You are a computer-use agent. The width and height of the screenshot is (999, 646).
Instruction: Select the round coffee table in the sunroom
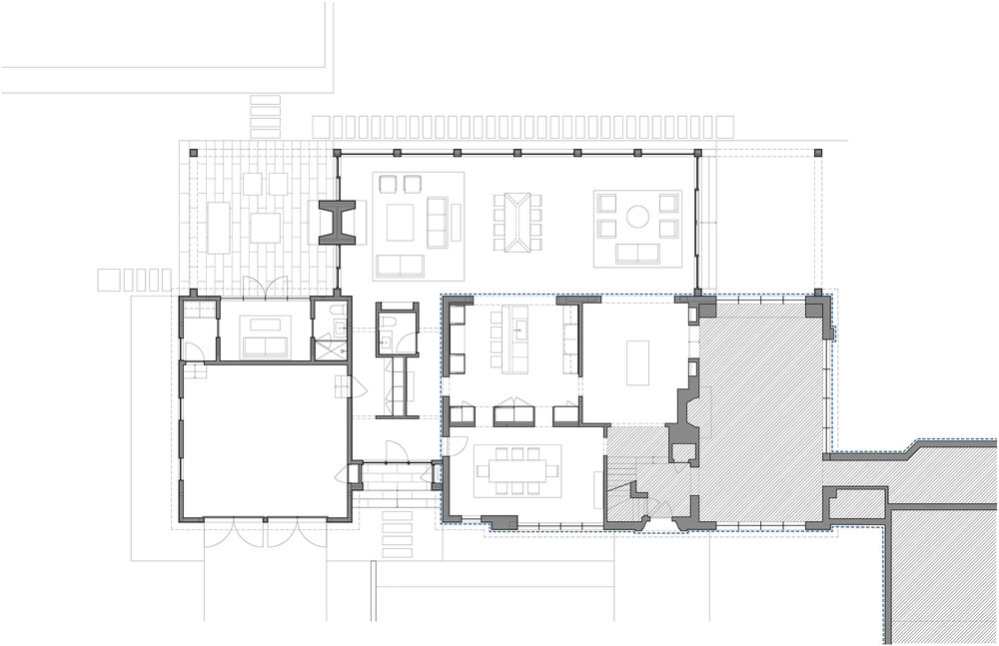(637, 217)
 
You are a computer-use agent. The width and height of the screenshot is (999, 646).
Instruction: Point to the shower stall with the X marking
(328, 348)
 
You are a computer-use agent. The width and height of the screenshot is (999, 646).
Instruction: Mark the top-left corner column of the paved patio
(195, 152)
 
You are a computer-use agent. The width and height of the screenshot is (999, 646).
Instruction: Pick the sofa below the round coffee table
(636, 250)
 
